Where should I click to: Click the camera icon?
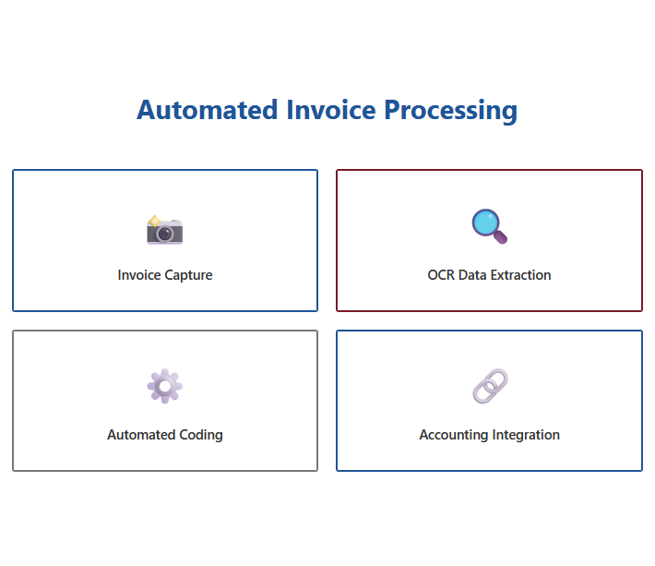165,230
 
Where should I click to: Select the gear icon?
165,386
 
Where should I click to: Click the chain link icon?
490,386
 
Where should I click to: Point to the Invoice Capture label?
165,275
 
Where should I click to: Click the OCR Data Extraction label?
489,275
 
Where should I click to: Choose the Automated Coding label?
165,435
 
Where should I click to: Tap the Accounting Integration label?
489,435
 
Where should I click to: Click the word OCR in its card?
441,275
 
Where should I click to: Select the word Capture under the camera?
188,275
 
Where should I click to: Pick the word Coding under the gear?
201,435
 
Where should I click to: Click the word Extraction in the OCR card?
521,275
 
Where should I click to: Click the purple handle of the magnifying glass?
501,237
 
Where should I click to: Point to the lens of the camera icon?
165,233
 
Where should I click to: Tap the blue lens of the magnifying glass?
485,223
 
